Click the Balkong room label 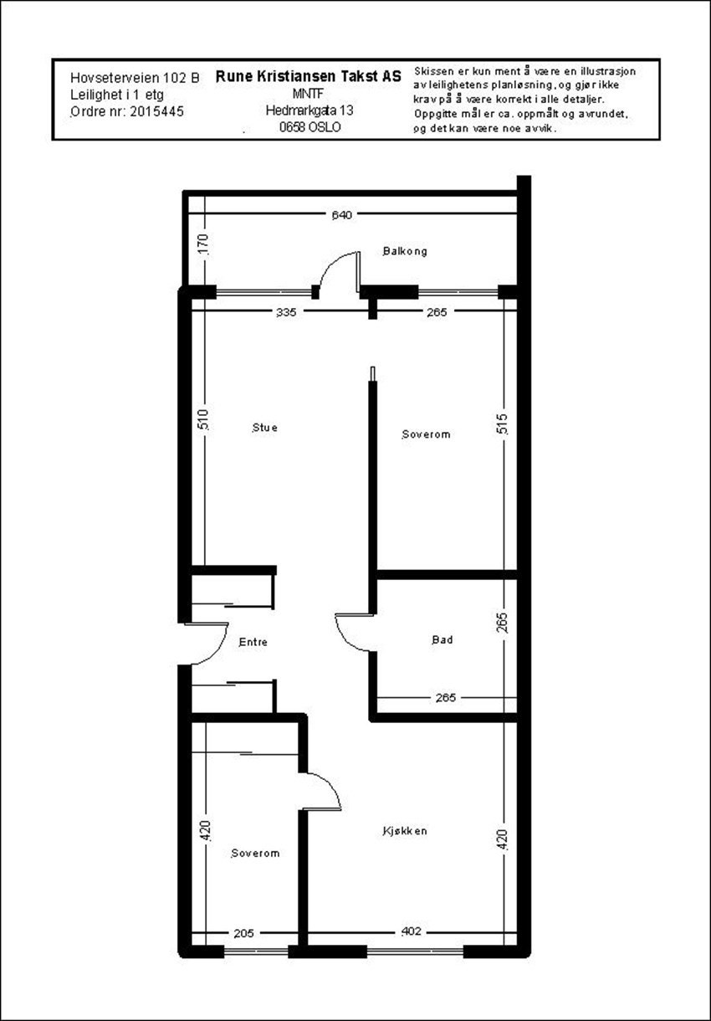point(405,251)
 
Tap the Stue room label point(264,428)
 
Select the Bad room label point(442,640)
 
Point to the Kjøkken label point(405,831)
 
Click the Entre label point(253,643)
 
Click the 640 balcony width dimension point(341,215)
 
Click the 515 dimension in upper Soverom point(502,423)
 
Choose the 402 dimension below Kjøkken point(411,931)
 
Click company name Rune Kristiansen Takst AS point(308,75)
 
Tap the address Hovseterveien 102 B point(136,77)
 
